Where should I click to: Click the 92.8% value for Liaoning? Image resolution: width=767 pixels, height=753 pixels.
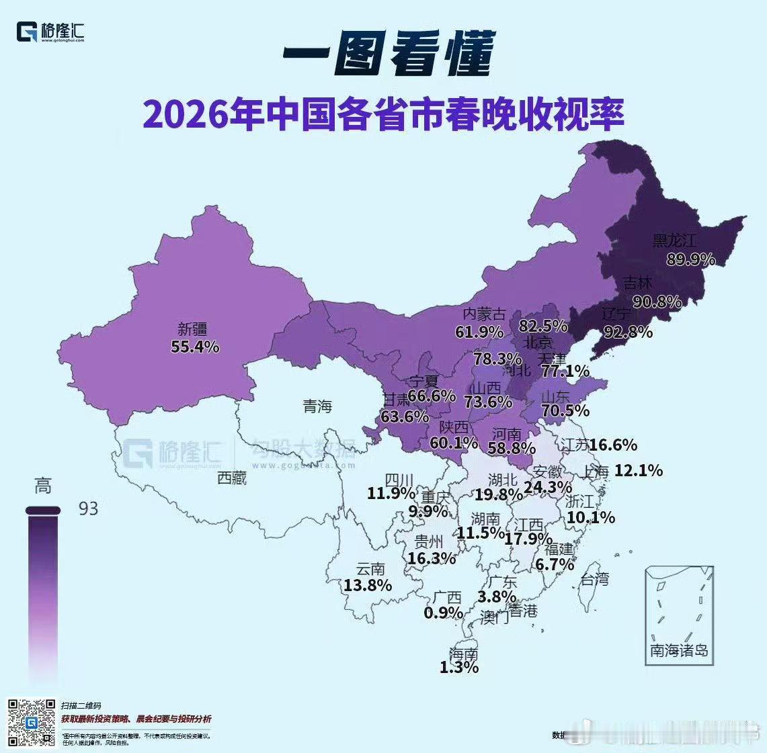coord(628,331)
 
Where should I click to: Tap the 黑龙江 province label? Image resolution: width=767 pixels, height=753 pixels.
coord(674,240)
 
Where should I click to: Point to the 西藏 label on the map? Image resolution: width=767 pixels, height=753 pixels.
coord(232,478)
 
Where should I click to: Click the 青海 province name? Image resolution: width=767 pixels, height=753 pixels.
coord(317,406)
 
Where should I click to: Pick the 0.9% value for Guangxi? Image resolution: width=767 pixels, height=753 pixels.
coord(443,613)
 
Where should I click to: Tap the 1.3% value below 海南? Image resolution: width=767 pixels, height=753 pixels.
coord(459,668)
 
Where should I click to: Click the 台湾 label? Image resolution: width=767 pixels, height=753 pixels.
coord(594,578)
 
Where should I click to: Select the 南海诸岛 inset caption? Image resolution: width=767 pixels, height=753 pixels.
coord(679,650)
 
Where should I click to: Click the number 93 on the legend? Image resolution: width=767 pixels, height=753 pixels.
coord(88,508)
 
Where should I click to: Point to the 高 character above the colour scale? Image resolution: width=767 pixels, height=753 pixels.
coord(43,486)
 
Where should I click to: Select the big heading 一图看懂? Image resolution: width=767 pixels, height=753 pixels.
coord(388,54)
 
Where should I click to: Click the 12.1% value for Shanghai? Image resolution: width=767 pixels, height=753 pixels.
coord(638,471)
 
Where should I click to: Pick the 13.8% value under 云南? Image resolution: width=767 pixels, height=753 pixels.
coord(368,585)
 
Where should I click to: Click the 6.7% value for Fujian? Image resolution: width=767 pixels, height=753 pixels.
coord(555,564)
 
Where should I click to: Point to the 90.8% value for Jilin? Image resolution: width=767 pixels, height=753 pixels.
coord(657,302)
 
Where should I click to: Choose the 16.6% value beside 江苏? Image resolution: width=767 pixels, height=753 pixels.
coord(613,445)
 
